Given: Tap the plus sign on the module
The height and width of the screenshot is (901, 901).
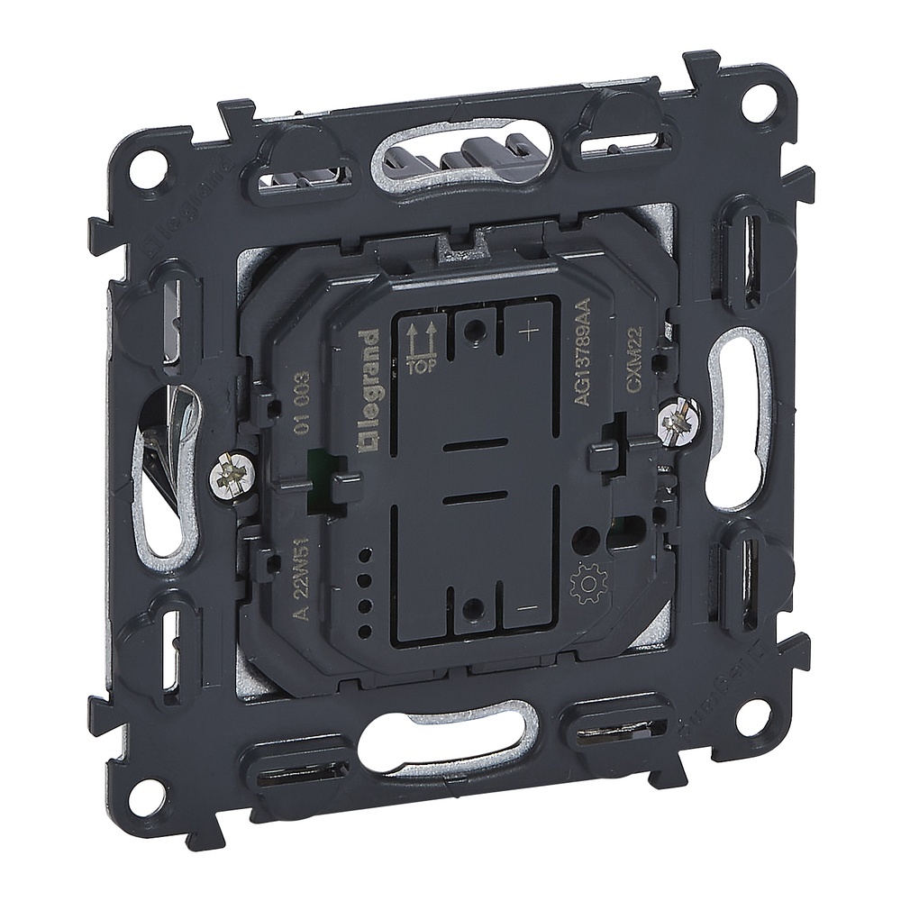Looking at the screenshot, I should [x=529, y=331].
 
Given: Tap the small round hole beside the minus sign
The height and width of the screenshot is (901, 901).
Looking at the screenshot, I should [x=469, y=610].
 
